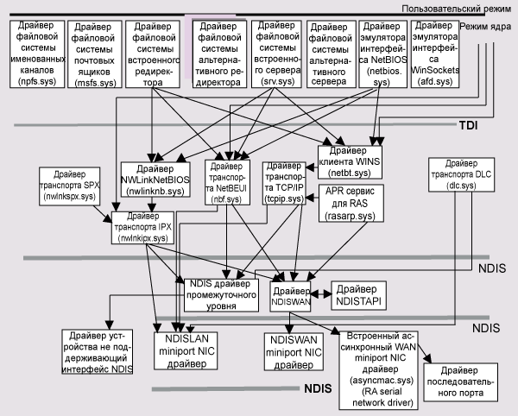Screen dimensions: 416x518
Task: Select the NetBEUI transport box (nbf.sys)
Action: (x=227, y=181)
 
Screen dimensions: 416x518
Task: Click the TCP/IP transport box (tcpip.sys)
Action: (x=284, y=181)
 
